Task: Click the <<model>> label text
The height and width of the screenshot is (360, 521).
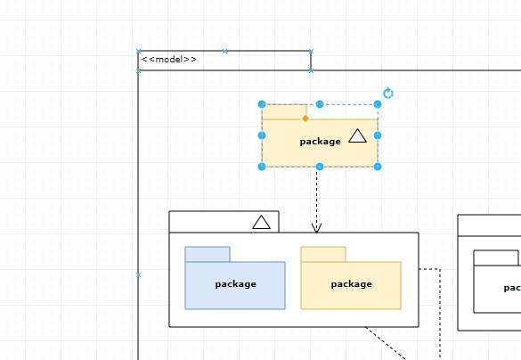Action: (x=169, y=60)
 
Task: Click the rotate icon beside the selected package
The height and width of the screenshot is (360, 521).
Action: (x=387, y=94)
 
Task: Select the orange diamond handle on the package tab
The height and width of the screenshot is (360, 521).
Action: (x=305, y=119)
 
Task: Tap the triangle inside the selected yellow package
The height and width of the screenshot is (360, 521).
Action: (x=357, y=136)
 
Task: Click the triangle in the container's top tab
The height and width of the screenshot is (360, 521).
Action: (x=261, y=222)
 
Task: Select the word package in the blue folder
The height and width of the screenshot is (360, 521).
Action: (x=235, y=284)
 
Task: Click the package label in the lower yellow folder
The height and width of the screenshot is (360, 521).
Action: (x=351, y=284)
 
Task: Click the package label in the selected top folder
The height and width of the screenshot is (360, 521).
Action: (x=320, y=142)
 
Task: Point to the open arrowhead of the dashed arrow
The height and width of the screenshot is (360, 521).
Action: (x=316, y=228)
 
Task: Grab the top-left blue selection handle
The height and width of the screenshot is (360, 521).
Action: (x=262, y=104)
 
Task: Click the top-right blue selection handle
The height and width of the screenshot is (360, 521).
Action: (x=378, y=104)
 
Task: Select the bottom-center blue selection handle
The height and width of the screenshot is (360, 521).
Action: (x=320, y=167)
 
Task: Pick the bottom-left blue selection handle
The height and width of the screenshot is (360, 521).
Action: (x=262, y=167)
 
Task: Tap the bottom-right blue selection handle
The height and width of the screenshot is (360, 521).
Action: (x=378, y=167)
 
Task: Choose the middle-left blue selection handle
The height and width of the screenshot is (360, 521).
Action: (x=262, y=135)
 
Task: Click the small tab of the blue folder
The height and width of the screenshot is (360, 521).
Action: (x=208, y=254)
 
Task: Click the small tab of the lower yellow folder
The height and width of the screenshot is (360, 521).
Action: (x=322, y=254)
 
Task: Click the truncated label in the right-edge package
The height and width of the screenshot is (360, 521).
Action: (x=512, y=288)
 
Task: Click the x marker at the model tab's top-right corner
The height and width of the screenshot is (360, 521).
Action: (x=311, y=52)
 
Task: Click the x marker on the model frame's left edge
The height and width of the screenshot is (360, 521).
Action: (x=138, y=275)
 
